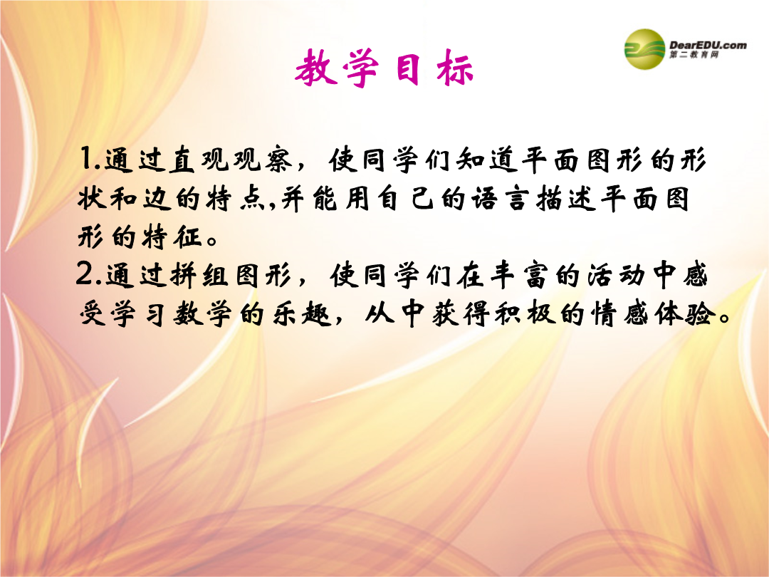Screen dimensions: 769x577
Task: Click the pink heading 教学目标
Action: (x=384, y=68)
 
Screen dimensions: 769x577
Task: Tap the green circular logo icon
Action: (x=644, y=49)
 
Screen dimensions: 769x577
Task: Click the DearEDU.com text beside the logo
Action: (x=708, y=45)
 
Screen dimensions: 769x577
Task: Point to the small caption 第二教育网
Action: (x=694, y=54)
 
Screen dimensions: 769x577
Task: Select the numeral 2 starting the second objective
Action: (x=85, y=274)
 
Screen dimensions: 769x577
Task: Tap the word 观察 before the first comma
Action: (x=262, y=160)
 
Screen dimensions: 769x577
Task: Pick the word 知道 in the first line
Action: (x=487, y=160)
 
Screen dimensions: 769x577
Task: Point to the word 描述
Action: (x=565, y=199)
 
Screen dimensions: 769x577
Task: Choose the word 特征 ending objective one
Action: (x=172, y=237)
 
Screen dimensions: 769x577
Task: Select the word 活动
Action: (x=615, y=274)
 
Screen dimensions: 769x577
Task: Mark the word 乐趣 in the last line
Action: (x=303, y=313)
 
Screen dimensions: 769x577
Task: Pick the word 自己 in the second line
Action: (x=404, y=199)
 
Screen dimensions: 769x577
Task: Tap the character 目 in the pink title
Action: (x=408, y=68)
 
